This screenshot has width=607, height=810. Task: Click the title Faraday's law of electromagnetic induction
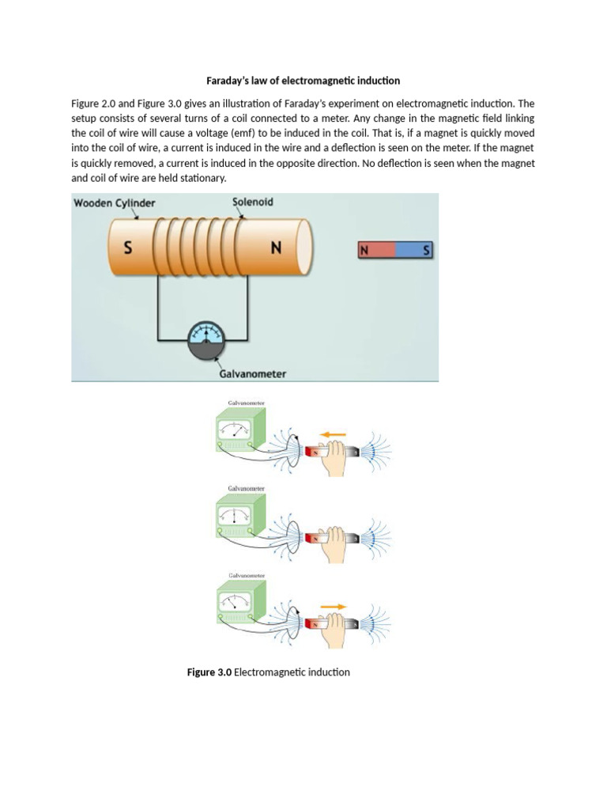(x=303, y=81)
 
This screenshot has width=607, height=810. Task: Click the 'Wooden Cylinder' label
(x=115, y=203)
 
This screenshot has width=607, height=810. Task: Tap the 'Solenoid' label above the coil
(x=253, y=202)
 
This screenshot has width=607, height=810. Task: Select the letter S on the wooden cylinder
(x=127, y=248)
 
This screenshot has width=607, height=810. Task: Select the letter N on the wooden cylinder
(x=276, y=248)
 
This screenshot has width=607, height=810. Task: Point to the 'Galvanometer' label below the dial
(x=252, y=373)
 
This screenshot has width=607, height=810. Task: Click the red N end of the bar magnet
(x=376, y=251)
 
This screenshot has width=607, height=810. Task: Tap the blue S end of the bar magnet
(x=415, y=251)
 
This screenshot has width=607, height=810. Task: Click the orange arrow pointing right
(x=333, y=607)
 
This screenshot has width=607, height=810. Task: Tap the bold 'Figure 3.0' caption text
(x=209, y=672)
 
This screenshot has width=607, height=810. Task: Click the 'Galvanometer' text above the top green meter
(x=246, y=403)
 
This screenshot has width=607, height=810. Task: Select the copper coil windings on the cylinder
(x=200, y=248)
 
